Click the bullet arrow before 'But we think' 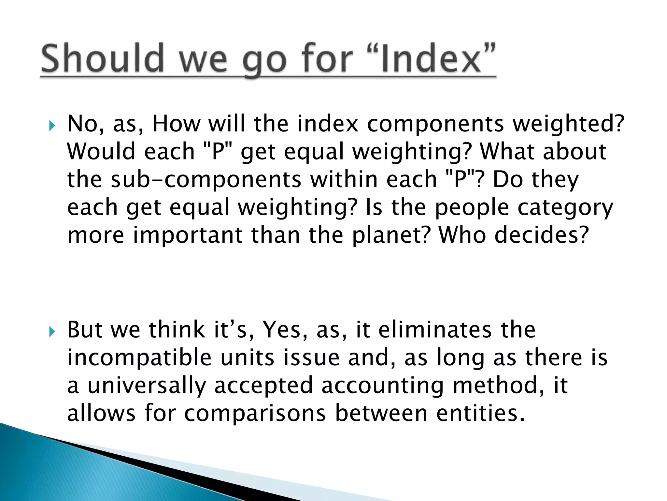click(51, 332)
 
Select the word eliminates click(435, 330)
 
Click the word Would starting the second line click(101, 152)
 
